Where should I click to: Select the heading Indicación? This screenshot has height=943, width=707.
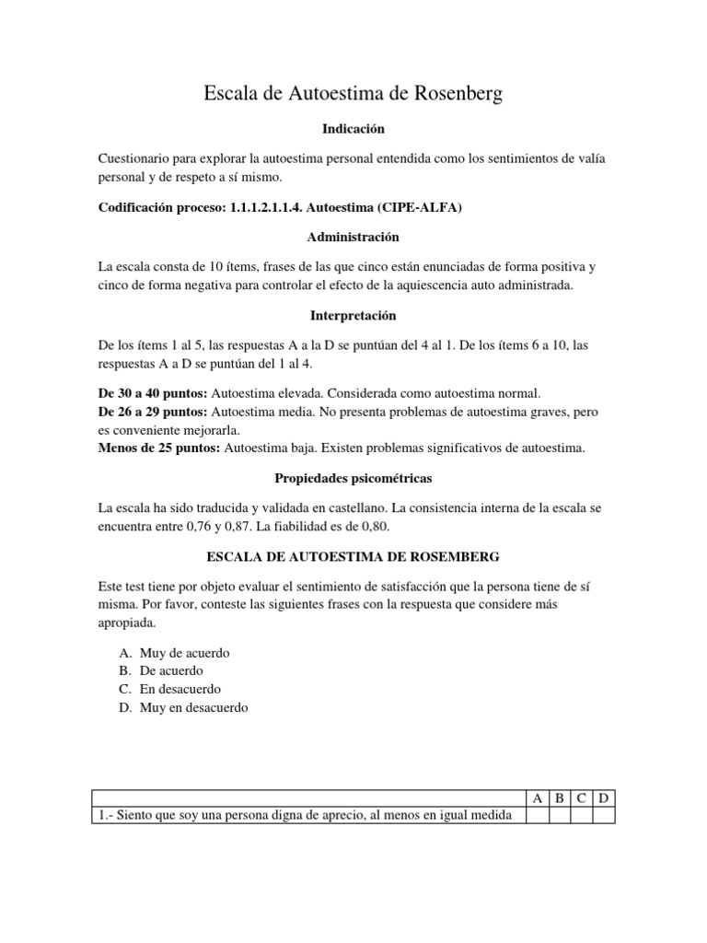[x=353, y=129]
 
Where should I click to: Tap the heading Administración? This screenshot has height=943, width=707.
[x=353, y=237]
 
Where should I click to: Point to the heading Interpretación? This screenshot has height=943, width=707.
[x=353, y=315]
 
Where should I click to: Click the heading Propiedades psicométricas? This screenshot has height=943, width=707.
[x=353, y=479]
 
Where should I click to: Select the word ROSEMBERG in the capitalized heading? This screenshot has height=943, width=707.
[x=446, y=556]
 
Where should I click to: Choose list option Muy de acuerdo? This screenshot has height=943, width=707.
[x=184, y=653]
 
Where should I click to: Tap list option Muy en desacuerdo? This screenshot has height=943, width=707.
[x=193, y=708]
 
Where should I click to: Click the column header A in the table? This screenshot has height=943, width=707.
[x=538, y=797]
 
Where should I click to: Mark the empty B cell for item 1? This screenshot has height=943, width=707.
[x=560, y=815]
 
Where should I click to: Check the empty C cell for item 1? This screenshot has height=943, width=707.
[x=582, y=815]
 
